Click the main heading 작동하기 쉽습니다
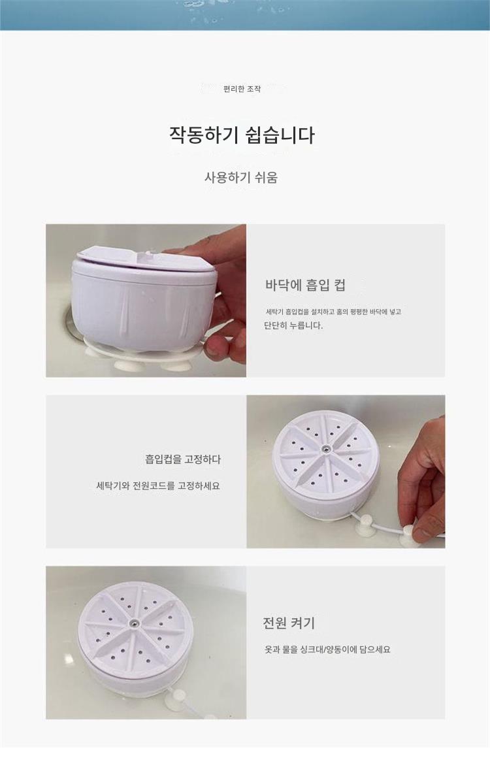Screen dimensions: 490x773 coord(242,135)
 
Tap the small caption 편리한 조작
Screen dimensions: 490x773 coord(242,90)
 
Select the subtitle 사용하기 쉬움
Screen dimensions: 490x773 coord(241,177)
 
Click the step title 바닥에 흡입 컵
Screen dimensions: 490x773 coord(305,285)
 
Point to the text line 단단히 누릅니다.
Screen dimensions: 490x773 coord(293,325)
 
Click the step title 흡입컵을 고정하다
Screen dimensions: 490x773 coord(183,459)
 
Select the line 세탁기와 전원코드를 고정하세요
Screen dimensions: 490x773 coord(158,486)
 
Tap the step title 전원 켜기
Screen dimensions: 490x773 coord(289,623)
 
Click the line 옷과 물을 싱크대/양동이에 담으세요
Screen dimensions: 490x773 coord(327,650)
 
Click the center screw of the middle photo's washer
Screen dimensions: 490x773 coord(326,449)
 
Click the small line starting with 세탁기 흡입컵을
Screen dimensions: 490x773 coord(333,312)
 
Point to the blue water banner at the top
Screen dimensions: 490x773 coord(245,15)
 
